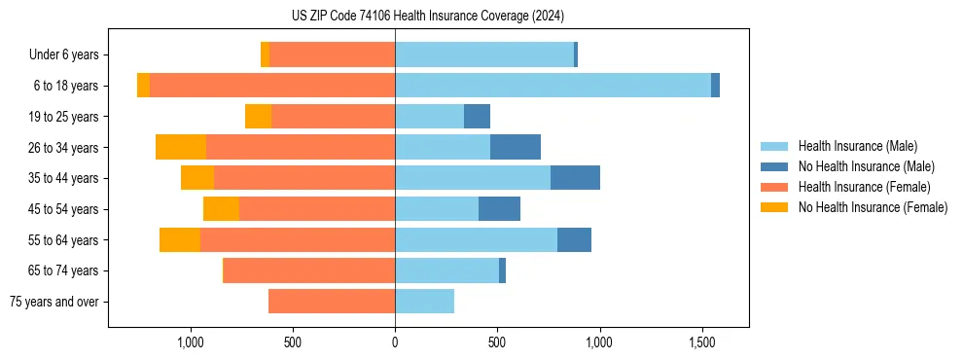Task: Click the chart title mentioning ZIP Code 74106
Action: click(x=427, y=16)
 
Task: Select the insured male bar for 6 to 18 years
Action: click(x=553, y=86)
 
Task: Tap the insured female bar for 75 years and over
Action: click(x=332, y=302)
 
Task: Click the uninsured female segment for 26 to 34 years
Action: click(x=181, y=147)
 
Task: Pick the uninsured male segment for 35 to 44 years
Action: click(x=575, y=178)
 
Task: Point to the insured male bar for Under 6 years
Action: click(x=484, y=54)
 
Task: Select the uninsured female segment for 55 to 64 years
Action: click(x=180, y=239)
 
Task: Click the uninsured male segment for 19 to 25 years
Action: click(x=477, y=117)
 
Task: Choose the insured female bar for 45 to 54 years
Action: click(x=317, y=209)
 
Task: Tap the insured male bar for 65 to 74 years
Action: click(x=446, y=270)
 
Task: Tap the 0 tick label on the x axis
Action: click(x=395, y=342)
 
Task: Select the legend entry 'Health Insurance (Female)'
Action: click(x=864, y=187)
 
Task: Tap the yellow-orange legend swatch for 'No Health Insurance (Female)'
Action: click(x=774, y=207)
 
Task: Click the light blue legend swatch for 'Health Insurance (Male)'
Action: click(x=774, y=146)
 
